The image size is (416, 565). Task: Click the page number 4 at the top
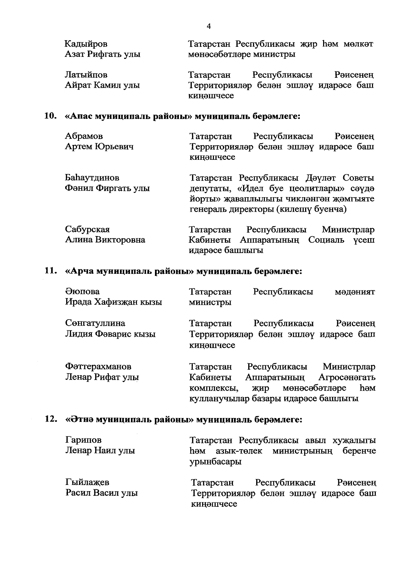208,26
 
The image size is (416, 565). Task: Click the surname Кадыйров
86,44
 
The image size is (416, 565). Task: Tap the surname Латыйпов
86,75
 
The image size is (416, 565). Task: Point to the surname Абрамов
84,136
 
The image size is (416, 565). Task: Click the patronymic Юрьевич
114,147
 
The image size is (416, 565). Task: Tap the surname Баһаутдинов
92,178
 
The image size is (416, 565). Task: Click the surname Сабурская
87,229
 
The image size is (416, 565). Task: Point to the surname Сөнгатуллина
95,323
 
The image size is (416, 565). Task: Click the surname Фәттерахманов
98,366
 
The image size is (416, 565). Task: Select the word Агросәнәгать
347,377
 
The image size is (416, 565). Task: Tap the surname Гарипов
83,440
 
